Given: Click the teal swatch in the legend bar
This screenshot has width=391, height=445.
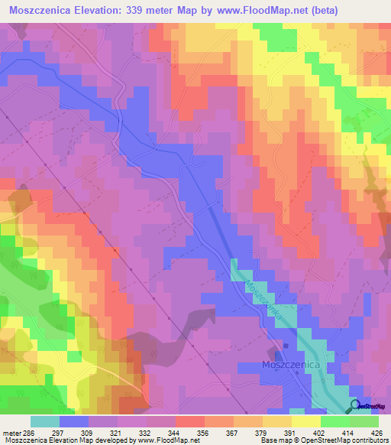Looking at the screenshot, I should (44, 421).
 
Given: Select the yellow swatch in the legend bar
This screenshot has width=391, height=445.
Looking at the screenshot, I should (305, 421).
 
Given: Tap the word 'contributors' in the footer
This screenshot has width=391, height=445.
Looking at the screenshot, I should (369, 440).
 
